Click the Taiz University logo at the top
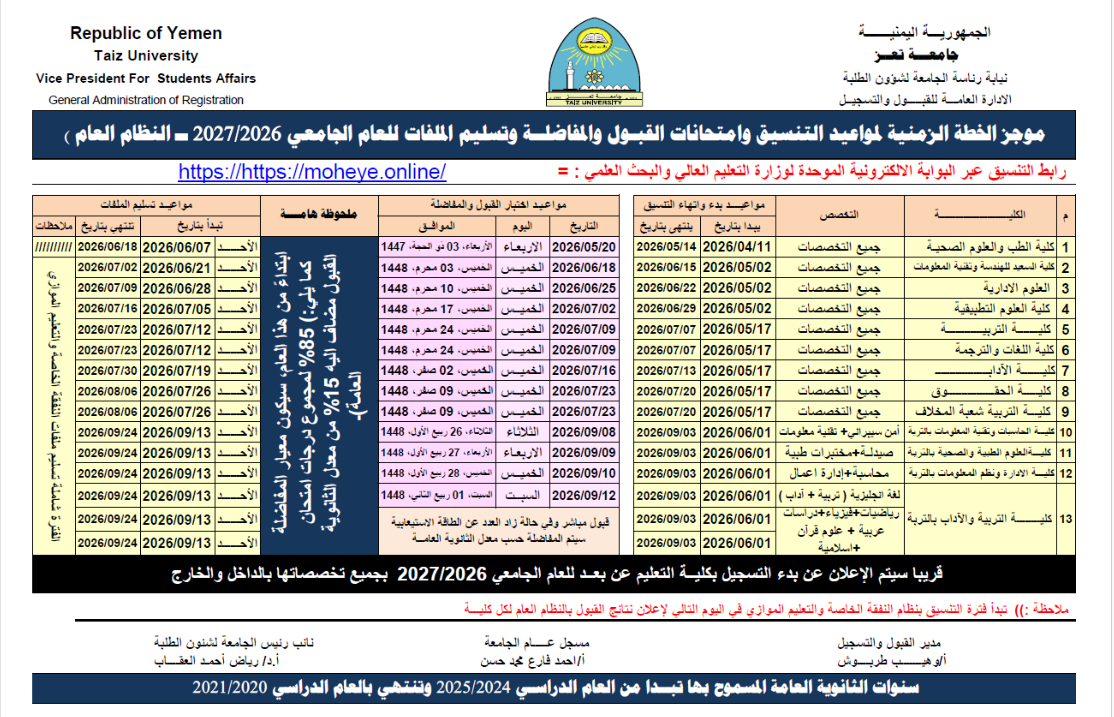594,62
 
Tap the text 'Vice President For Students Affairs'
146,78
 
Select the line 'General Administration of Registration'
146,100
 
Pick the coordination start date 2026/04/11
737,247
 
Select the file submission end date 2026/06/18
107,247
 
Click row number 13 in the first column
1065,519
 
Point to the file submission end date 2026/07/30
107,371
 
